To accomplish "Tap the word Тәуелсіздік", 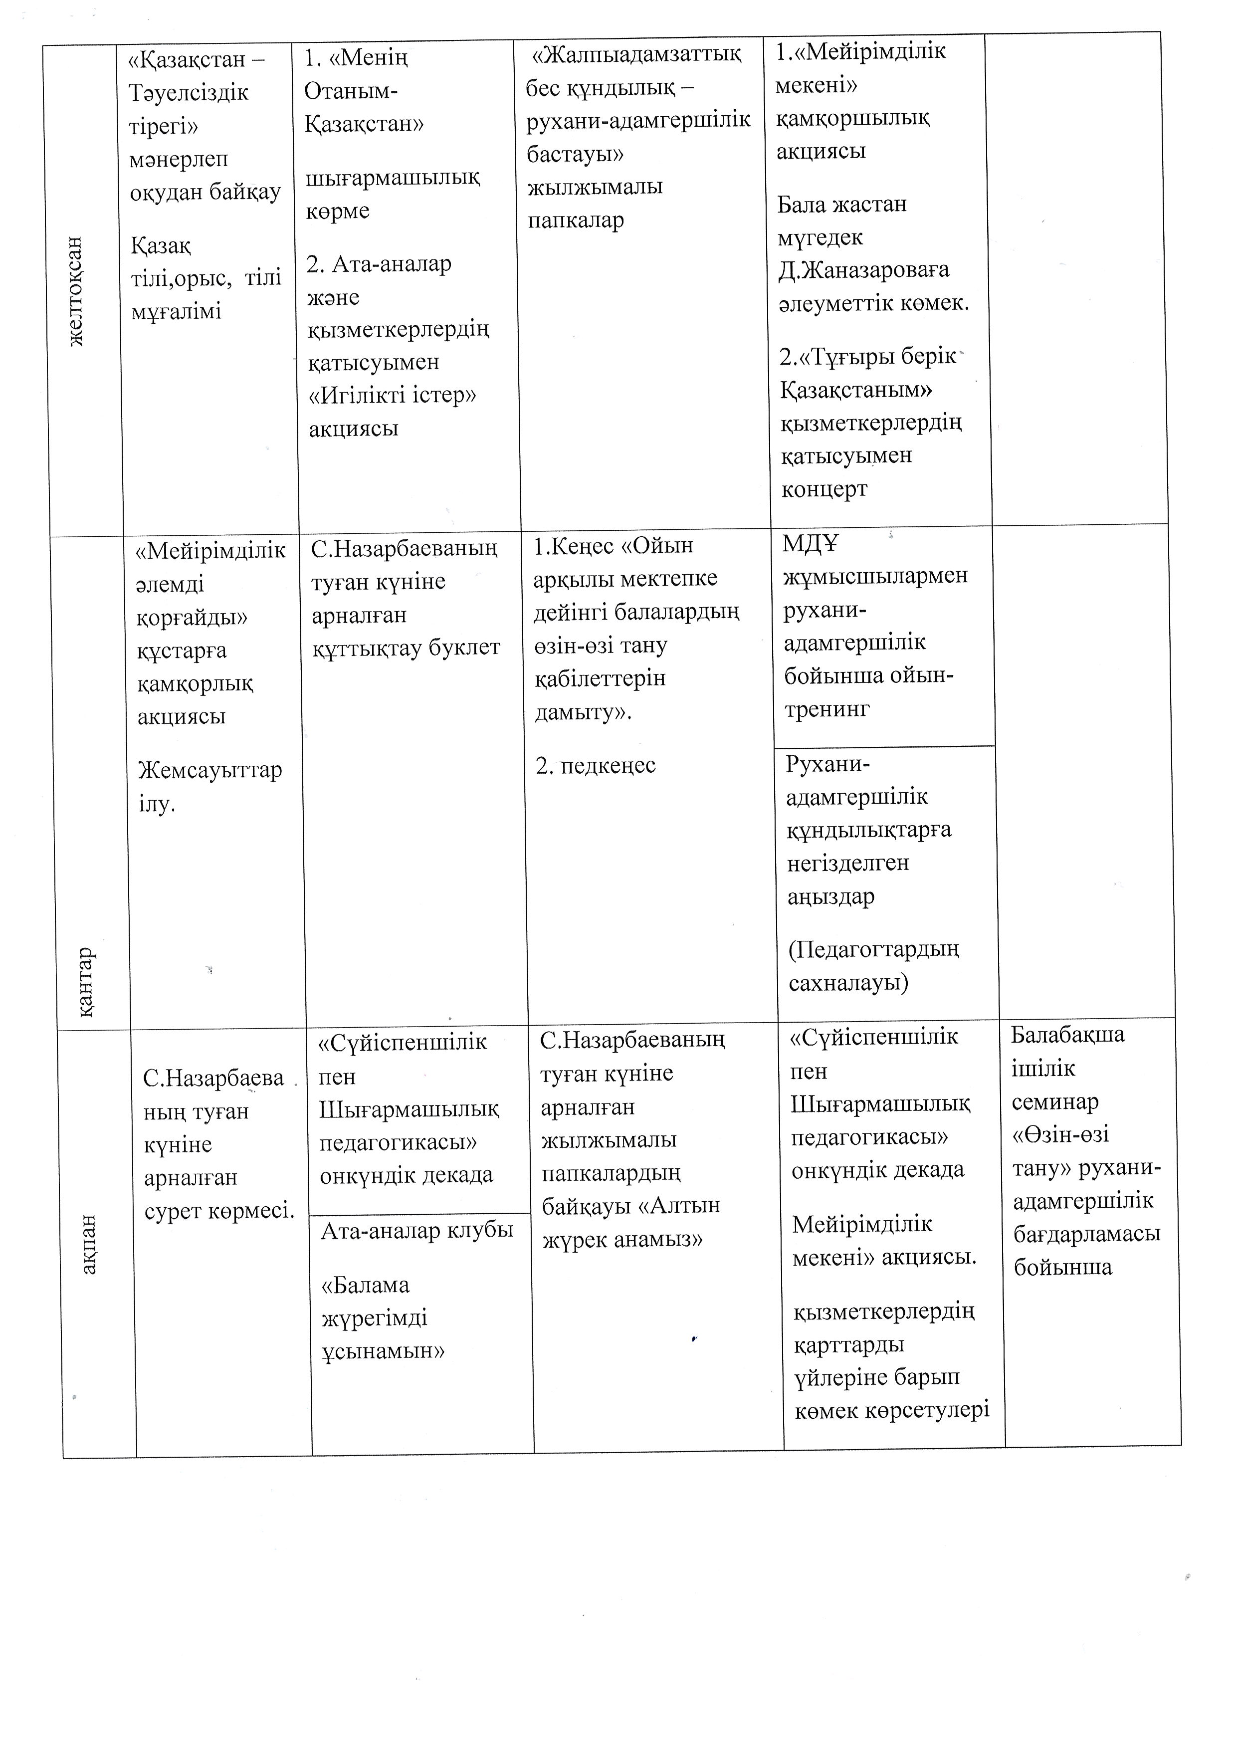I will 189,93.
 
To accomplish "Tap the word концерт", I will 824,489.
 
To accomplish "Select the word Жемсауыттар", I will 210,770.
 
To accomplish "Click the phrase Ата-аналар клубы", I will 416,1231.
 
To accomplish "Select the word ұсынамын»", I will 383,1351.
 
